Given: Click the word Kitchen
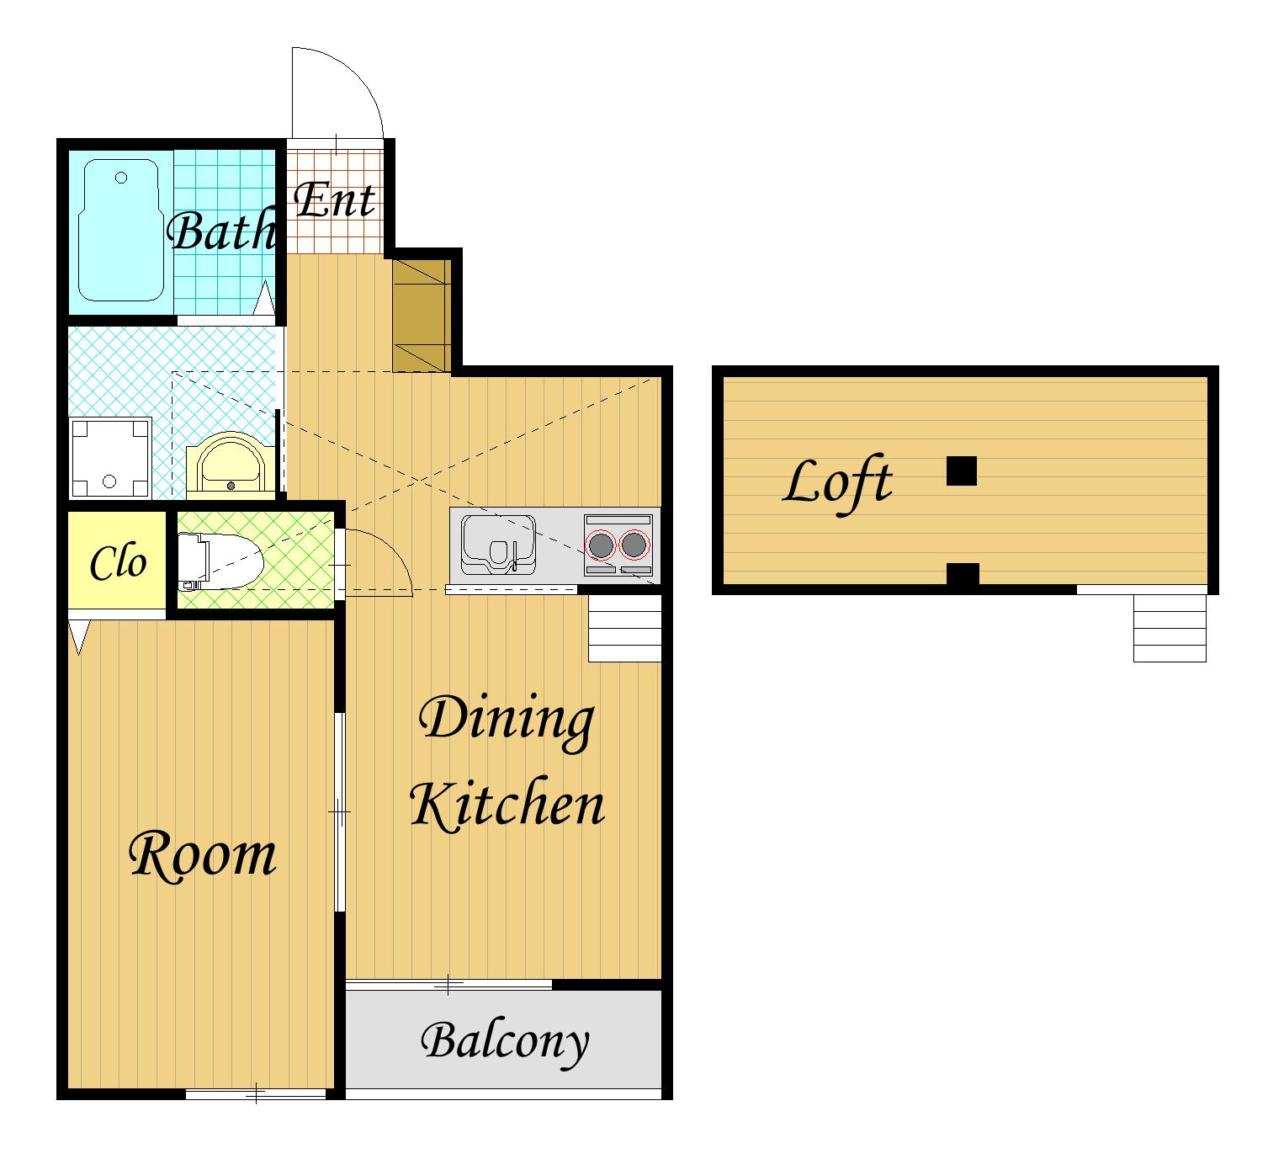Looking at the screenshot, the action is (x=507, y=805).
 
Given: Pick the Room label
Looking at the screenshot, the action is (x=202, y=855).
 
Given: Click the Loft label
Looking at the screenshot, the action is (x=838, y=485).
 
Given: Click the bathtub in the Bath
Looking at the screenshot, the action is (x=118, y=230).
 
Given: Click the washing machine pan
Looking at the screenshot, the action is (x=110, y=457).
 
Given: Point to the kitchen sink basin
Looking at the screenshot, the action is (x=499, y=545).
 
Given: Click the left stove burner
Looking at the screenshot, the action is (x=601, y=545).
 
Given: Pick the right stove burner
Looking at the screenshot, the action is (x=634, y=545).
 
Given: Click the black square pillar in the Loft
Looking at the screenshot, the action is (x=962, y=471).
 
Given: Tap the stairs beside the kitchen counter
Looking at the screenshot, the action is (x=624, y=628).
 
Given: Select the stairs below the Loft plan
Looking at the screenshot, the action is (x=1170, y=628).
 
